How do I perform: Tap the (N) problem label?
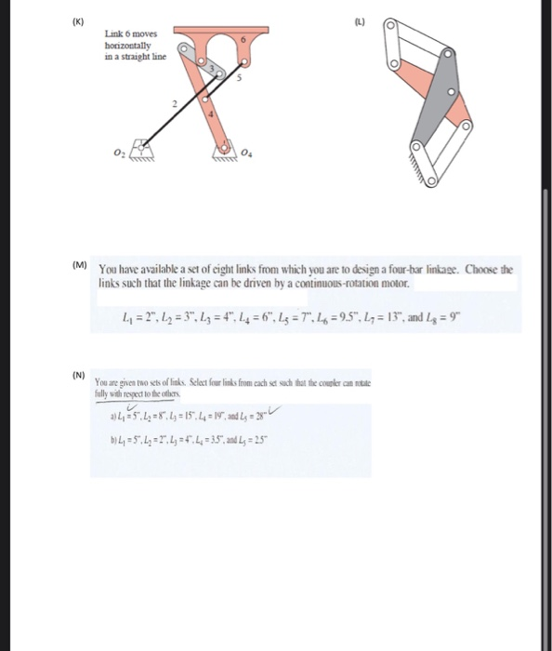79,376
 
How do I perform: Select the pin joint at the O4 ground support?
224,147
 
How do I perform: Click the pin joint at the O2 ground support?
142,144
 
